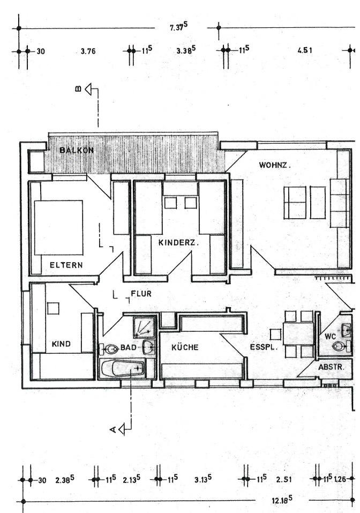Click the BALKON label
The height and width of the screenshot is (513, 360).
tap(77, 150)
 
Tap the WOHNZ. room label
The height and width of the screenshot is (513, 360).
tap(275, 165)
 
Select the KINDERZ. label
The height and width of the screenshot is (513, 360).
tap(178, 242)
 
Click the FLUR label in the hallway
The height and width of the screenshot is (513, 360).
tap(141, 294)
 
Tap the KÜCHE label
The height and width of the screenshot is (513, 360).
tap(185, 347)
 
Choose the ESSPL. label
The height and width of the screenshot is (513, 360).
tap(262, 347)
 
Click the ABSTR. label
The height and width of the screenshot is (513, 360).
tap(335, 368)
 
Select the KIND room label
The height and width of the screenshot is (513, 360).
tap(62, 344)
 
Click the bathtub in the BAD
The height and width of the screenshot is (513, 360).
tap(123, 369)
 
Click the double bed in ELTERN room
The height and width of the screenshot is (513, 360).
tap(58, 227)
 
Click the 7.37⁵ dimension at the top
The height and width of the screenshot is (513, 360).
tap(179, 27)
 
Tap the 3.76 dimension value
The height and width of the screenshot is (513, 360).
tap(88, 51)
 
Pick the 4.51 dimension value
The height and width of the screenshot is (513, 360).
tap(305, 51)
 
